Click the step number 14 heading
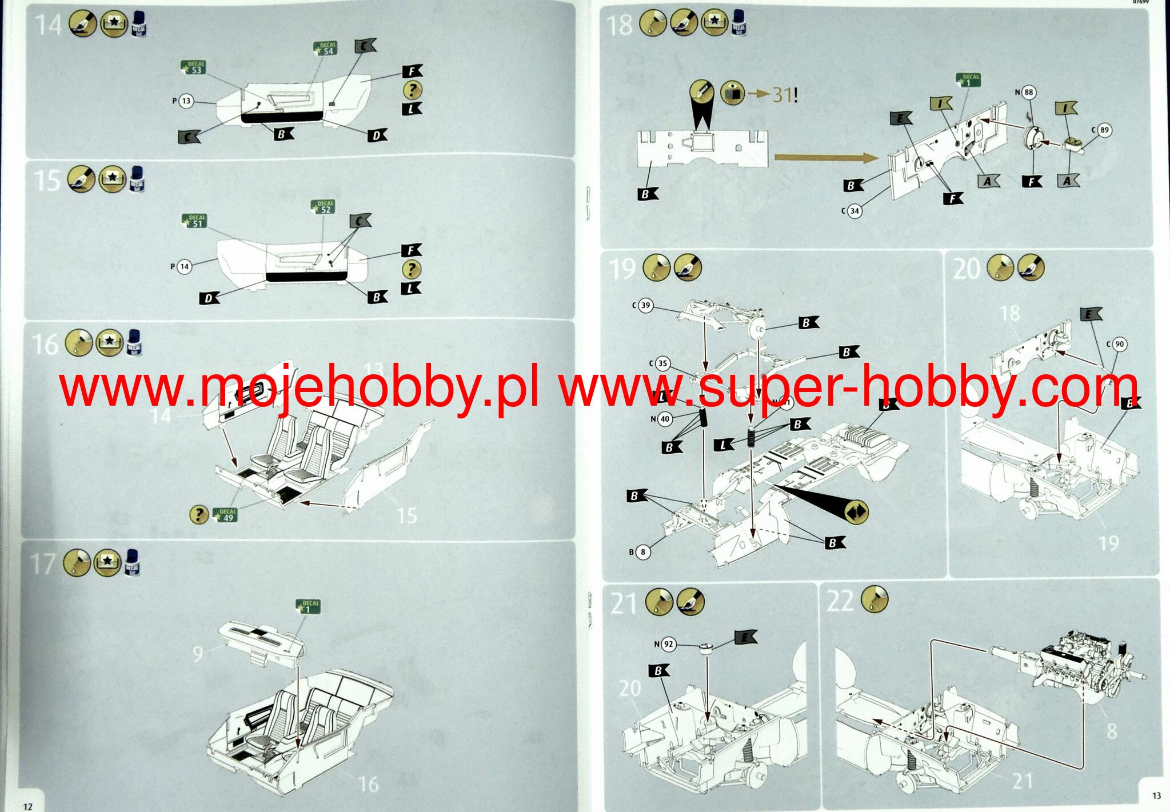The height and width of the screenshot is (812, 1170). coord(48,25)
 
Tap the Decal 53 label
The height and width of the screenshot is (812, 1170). coord(193,67)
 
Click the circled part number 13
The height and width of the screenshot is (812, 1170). coord(186,101)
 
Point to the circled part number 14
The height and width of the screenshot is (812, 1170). coord(184,266)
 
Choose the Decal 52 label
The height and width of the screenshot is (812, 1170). coord(324,207)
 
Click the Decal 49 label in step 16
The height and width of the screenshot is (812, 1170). coord(226,515)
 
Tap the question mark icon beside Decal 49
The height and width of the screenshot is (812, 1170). coord(199,514)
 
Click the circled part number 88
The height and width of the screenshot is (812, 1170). coord(1029,92)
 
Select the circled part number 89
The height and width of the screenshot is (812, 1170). coord(1104,130)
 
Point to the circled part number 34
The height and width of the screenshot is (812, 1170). coord(854,211)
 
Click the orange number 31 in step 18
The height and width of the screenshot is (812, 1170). coord(781,94)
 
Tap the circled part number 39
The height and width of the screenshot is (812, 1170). coord(645,305)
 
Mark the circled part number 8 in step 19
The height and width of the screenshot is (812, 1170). coord(643,552)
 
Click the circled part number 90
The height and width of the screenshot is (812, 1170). coord(1119,345)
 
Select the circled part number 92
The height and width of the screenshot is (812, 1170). coord(668,645)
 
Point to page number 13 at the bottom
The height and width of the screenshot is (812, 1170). coord(1156,795)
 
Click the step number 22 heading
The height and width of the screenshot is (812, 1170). coord(840,601)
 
